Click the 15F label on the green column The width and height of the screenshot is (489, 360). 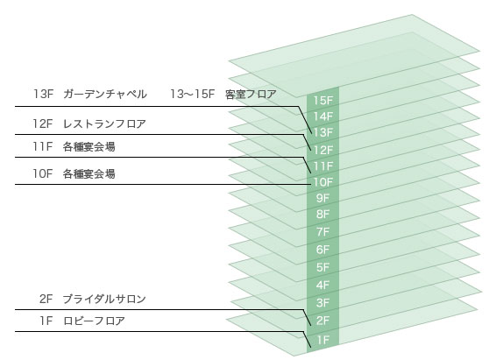coord(323,101)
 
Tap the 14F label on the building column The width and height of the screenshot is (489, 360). coord(323,116)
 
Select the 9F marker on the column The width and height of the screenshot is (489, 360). coord(323,198)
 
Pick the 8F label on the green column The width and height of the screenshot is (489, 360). coord(323,214)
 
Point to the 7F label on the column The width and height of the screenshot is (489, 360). coord(323,231)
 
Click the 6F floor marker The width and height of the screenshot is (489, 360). coord(323,250)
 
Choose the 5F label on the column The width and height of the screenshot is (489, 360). coord(323,267)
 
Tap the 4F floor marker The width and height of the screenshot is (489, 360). coord(323,285)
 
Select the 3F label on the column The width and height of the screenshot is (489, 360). coord(323,302)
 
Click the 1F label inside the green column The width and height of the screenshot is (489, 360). coord(323,340)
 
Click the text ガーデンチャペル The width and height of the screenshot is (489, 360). coord(105,94)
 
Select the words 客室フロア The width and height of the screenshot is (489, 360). coord(251,94)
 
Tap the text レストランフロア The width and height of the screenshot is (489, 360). coord(104,124)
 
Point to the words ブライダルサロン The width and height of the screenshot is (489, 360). coord(104,299)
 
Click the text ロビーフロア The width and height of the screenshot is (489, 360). coord(94,321)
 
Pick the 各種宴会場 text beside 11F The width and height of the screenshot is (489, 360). coord(89,146)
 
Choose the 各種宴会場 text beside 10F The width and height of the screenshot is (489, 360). coord(89,173)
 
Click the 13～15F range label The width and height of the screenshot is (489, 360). coord(193,94)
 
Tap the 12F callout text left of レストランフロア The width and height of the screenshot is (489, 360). coord(43,124)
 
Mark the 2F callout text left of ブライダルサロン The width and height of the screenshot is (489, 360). coord(46,299)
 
